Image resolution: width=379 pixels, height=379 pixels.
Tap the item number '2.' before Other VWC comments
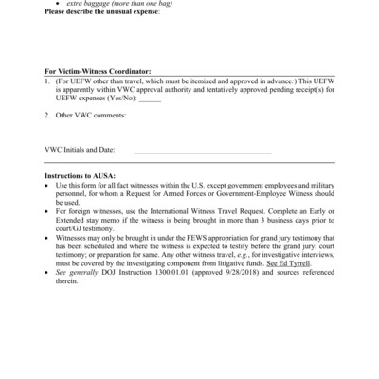(48, 116)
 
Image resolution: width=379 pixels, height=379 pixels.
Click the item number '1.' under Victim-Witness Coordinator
(48, 81)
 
